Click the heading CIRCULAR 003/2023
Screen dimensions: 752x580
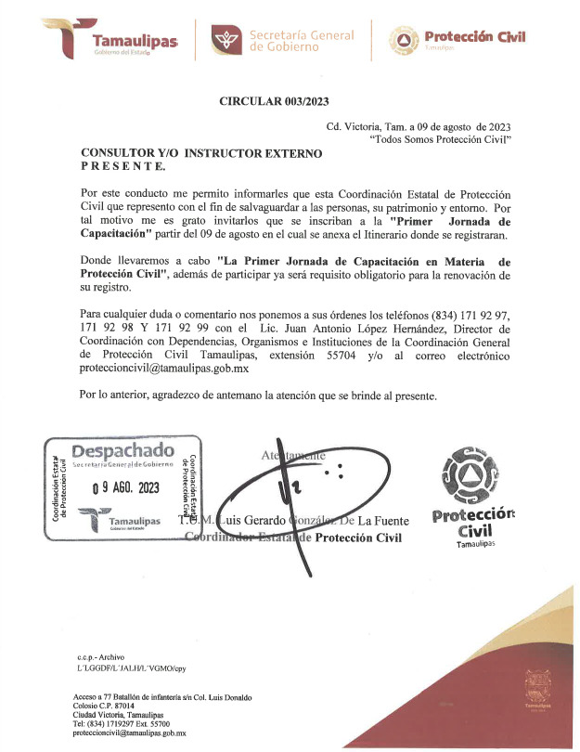click(x=274, y=101)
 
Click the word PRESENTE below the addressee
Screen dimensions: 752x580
click(x=123, y=166)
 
